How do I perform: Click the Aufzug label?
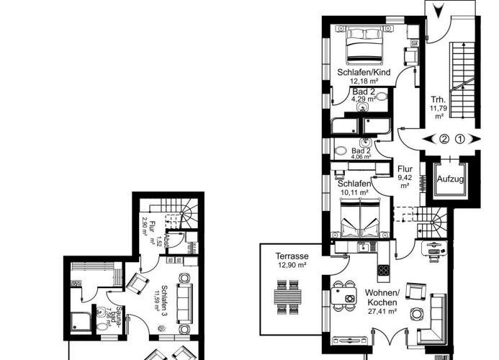(x=450, y=178)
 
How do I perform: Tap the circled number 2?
(x=445, y=139)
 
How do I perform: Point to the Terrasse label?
(x=292, y=256)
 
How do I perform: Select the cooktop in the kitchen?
(x=384, y=271)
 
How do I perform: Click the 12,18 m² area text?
(x=364, y=82)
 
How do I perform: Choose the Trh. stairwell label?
(x=438, y=100)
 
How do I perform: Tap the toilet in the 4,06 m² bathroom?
(x=340, y=151)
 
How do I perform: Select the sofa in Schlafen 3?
(x=185, y=300)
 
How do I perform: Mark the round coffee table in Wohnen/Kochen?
(x=415, y=314)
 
